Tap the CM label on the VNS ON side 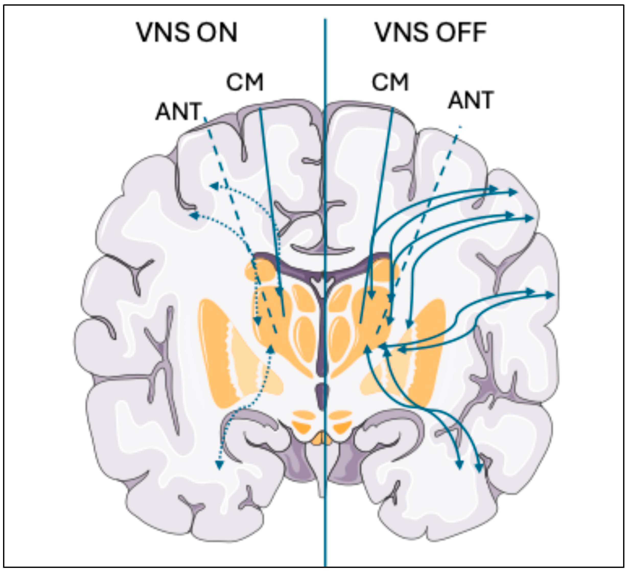[244, 82]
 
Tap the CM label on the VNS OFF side [390, 82]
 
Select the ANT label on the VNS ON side [179, 111]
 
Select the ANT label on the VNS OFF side [471, 100]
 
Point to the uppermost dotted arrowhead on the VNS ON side [214, 186]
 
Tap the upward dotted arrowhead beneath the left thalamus [271, 349]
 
